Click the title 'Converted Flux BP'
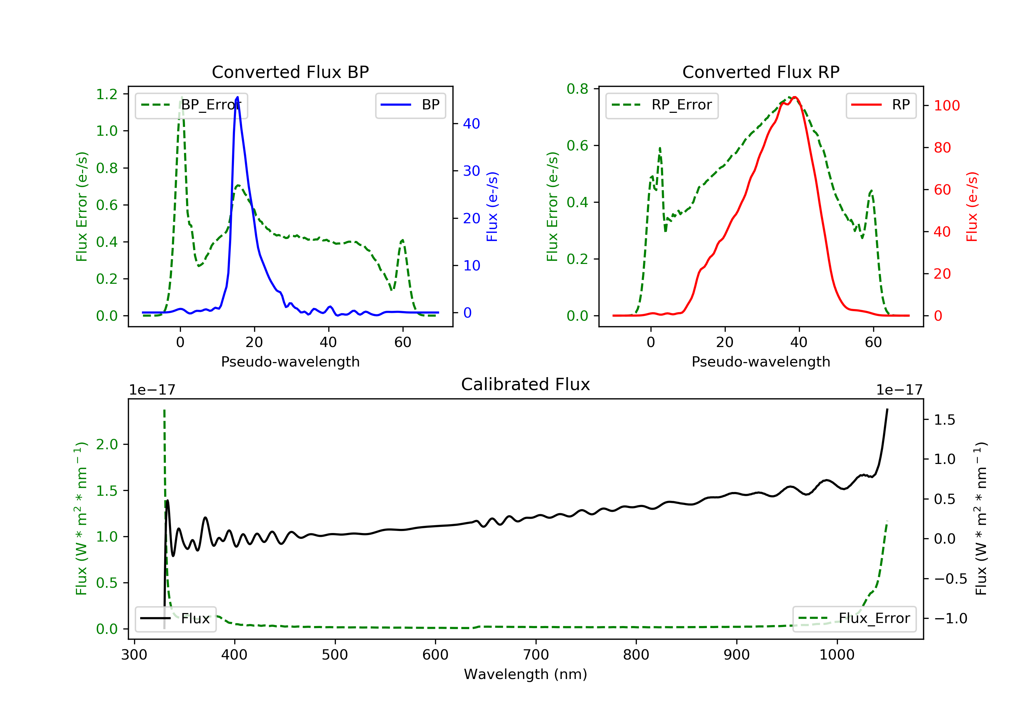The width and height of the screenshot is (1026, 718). click(x=290, y=72)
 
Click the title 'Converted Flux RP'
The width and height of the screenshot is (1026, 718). click(x=761, y=72)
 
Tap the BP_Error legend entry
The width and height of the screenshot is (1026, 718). click(x=191, y=105)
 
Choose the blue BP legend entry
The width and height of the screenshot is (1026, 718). click(x=410, y=105)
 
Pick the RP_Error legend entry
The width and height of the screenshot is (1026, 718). click(x=662, y=105)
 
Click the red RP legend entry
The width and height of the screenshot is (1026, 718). click(x=881, y=105)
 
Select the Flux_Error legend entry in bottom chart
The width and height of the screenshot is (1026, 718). click(x=854, y=619)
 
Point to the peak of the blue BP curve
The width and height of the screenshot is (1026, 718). click(x=237, y=97)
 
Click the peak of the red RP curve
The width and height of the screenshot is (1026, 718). click(x=795, y=97)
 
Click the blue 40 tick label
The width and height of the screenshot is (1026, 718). click(x=471, y=124)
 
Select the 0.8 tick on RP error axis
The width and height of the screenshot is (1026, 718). click(x=577, y=89)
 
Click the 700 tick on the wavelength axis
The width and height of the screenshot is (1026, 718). click(x=536, y=655)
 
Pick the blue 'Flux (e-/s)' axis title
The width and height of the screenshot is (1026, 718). click(x=492, y=207)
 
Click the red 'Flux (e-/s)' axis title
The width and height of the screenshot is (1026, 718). click(x=972, y=207)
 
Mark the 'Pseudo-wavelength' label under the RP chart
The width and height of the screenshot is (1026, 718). click(x=761, y=361)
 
